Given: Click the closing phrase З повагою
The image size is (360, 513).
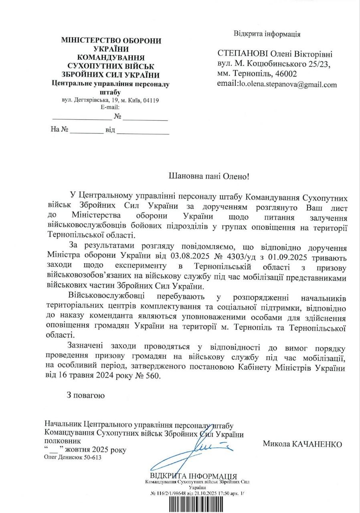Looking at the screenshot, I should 86,396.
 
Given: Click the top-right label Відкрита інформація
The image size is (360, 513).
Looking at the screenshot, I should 267,34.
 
